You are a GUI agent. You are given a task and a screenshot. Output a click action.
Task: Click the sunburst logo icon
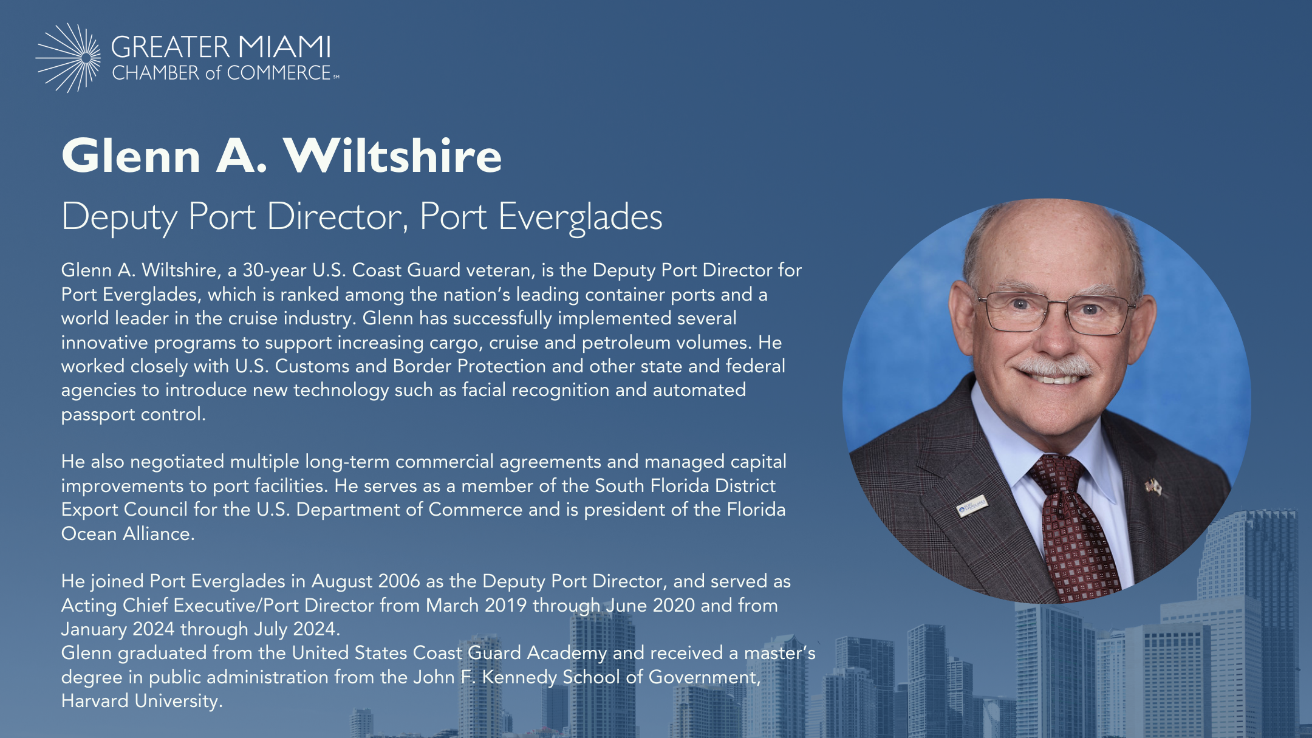coord(68,58)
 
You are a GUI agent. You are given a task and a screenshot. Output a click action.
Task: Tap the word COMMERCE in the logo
coord(279,73)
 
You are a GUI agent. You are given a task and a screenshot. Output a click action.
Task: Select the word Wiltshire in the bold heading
coord(393,155)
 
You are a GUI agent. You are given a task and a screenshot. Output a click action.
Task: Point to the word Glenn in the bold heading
coord(131,155)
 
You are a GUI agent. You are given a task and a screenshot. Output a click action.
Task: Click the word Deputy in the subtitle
coord(120,217)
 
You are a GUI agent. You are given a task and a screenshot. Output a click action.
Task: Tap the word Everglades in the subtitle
coord(580,217)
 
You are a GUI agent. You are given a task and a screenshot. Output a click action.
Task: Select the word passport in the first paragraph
coord(98,415)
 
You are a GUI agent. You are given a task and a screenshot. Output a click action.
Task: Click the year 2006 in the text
coord(399,581)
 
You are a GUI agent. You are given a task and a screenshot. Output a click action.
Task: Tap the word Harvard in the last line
coord(95,701)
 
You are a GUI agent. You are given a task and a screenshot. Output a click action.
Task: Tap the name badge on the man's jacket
coord(972,505)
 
